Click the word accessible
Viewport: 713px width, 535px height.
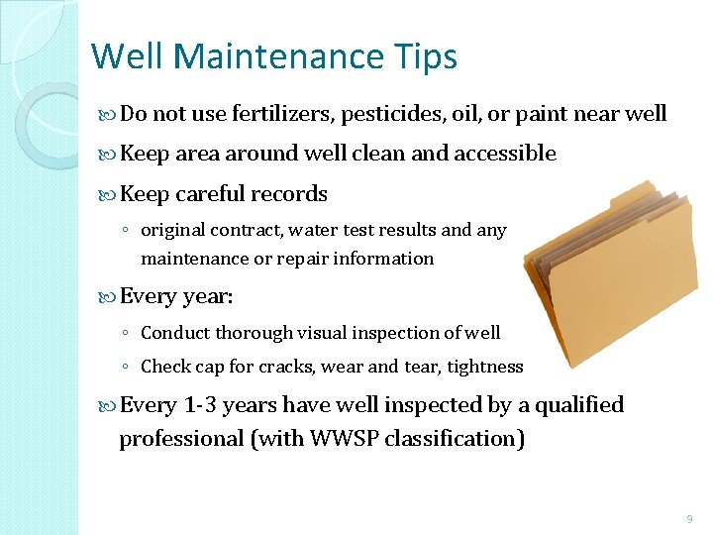click(504, 154)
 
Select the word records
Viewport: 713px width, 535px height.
click(289, 193)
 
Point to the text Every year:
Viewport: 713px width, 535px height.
click(176, 296)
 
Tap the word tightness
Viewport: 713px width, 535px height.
click(484, 367)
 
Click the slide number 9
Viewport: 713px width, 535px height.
click(688, 519)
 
